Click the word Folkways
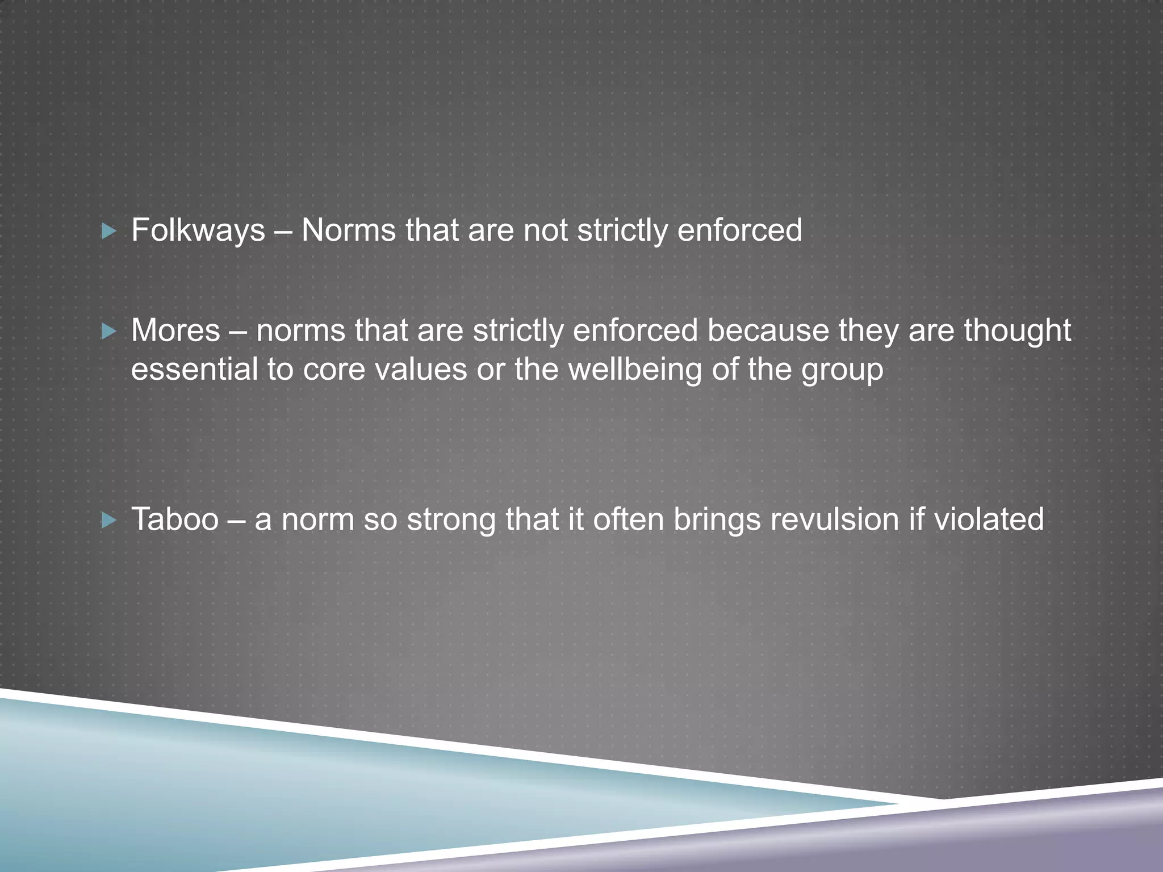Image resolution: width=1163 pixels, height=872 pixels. (198, 231)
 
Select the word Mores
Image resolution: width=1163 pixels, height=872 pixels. (175, 331)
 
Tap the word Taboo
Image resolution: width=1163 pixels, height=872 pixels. (175, 519)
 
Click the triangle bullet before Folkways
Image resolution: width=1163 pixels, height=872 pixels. (108, 231)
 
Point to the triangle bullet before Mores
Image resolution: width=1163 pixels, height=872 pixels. (108, 331)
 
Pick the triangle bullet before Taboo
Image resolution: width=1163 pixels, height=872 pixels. (108, 520)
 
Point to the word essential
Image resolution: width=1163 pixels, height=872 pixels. (195, 370)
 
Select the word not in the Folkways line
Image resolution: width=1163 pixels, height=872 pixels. (545, 231)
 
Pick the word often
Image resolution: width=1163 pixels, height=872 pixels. (629, 519)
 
